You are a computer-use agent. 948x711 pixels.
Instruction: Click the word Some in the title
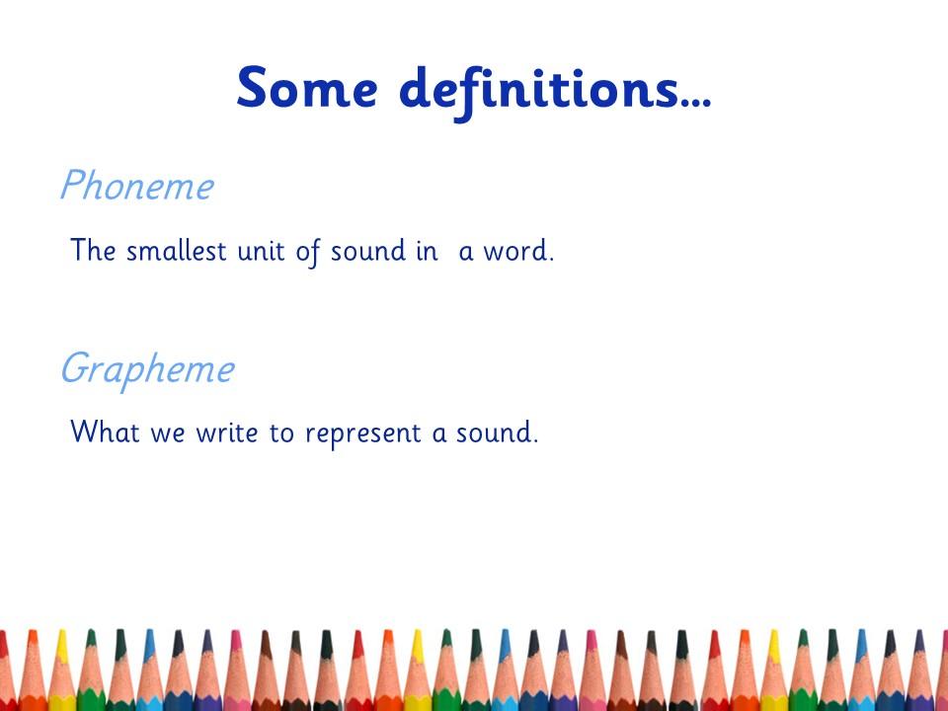click(307, 88)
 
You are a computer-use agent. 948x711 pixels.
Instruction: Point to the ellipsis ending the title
click(696, 104)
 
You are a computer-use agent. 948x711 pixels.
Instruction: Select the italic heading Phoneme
click(137, 185)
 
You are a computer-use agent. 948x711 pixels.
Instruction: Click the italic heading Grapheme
click(147, 370)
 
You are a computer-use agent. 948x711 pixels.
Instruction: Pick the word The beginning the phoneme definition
click(93, 250)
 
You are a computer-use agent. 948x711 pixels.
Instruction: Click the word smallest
click(177, 250)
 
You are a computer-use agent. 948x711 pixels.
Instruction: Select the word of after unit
click(308, 252)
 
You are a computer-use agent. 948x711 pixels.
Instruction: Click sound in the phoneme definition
click(368, 250)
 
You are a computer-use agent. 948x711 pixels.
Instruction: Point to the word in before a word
click(427, 251)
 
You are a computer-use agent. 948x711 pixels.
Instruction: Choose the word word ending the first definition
click(518, 250)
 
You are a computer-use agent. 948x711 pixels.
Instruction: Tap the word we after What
click(168, 435)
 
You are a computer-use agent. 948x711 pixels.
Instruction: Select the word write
click(227, 433)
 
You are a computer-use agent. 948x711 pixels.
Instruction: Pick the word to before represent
click(281, 433)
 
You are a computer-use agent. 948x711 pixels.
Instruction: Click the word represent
click(362, 434)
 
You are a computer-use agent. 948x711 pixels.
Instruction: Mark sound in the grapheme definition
click(497, 432)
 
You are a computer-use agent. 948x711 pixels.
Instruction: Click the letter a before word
click(465, 254)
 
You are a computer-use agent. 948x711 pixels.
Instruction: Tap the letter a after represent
click(438, 435)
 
